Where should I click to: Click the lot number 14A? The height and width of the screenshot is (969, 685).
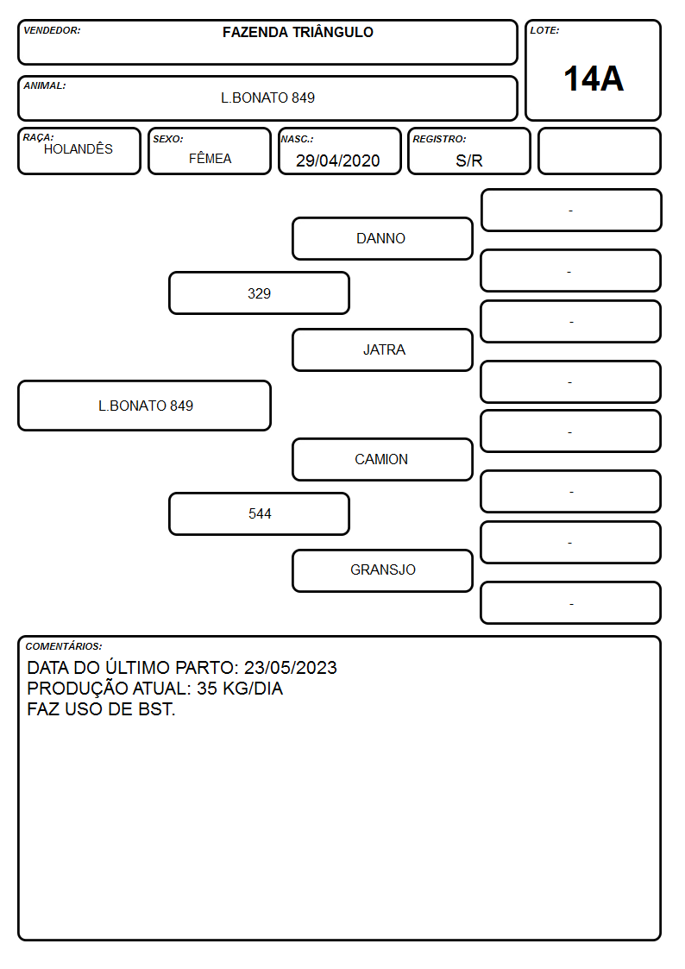594,79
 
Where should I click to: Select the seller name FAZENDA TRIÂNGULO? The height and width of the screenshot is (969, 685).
298,32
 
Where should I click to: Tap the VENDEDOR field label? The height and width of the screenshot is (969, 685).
52,30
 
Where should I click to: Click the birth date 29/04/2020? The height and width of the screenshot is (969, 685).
338,160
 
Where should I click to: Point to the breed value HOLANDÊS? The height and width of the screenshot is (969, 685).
79,149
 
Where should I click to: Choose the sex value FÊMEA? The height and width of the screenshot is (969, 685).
210,158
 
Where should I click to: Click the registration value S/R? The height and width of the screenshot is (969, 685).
468,160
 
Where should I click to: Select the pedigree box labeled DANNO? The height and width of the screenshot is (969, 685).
382,238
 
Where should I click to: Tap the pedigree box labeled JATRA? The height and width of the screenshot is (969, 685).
382,349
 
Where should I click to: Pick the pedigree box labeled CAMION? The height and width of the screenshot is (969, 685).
382,459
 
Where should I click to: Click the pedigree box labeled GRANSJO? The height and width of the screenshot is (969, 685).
382,570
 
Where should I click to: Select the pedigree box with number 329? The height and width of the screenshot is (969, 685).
259,293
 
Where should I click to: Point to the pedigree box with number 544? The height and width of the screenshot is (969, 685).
259,513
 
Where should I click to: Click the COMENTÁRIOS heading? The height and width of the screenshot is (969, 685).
64,646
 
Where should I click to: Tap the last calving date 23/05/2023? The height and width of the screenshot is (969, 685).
291,667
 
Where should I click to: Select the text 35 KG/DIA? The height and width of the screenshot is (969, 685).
240,689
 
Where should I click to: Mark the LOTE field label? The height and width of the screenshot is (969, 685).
544,30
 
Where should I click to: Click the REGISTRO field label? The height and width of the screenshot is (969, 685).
439,139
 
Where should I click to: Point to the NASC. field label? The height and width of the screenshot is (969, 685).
297,139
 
